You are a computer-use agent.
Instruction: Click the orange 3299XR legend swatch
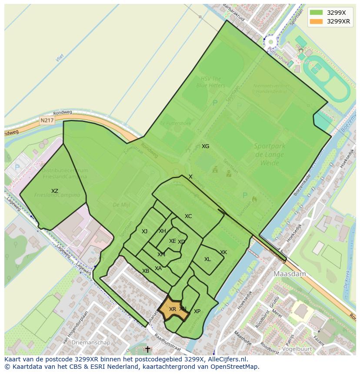pos(317,21)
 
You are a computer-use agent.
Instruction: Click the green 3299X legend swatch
pos(317,13)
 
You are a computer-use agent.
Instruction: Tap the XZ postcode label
pos(55,191)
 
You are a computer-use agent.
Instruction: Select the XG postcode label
pos(205,146)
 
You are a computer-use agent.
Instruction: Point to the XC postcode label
pos(188,216)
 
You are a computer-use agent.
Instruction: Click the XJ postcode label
pos(145,232)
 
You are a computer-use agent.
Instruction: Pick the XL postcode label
pos(207,259)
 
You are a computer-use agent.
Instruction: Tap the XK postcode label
pos(223,252)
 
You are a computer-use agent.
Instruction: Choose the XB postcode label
pos(146,271)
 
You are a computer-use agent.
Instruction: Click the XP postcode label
pos(197,311)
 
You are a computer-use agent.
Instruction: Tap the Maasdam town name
pos(290,274)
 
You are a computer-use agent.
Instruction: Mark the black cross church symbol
pos(147,349)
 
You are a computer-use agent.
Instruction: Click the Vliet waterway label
pos(60,57)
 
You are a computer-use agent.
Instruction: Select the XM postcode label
pos(161,255)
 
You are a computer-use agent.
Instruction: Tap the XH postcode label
pos(162,231)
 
